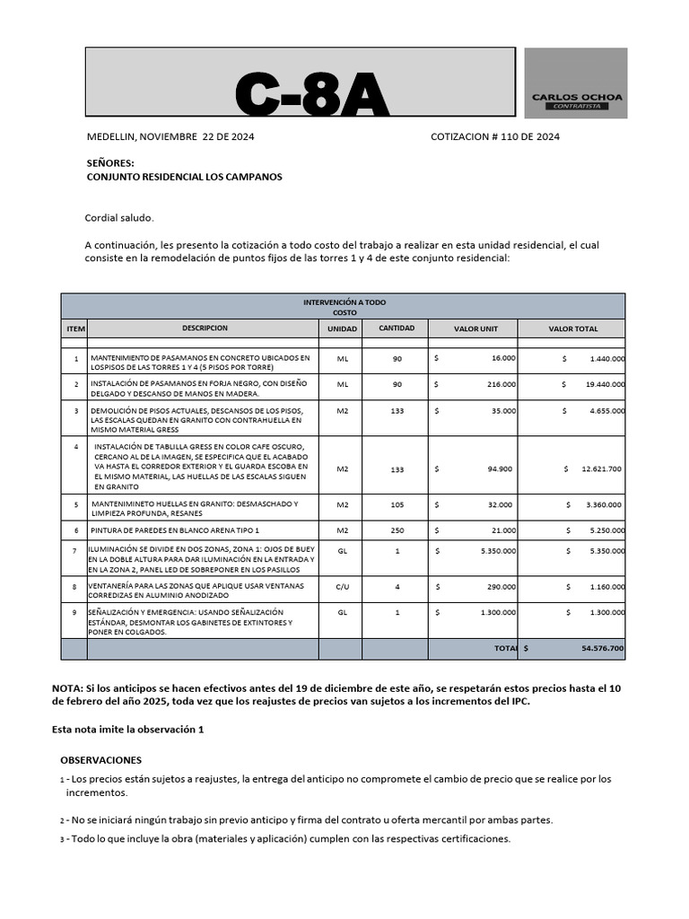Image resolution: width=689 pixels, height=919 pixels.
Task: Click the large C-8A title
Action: [x=312, y=93]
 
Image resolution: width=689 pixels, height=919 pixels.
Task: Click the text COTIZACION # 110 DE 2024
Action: [x=495, y=136]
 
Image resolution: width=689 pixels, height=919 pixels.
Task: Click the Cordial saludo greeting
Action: [x=119, y=217]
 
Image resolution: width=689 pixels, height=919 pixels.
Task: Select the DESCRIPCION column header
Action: [x=205, y=328]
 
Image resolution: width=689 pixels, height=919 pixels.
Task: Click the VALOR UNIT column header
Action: [x=475, y=329]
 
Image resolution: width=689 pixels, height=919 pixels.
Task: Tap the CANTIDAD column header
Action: [x=397, y=328]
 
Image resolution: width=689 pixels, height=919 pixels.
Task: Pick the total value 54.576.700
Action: [x=603, y=648]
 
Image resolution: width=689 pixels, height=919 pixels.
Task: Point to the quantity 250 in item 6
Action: [x=397, y=530]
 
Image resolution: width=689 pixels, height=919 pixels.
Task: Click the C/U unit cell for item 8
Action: [x=342, y=587]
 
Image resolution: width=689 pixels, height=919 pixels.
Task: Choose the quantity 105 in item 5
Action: [x=397, y=504]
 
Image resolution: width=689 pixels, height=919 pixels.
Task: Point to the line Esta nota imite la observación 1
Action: [x=128, y=730]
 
